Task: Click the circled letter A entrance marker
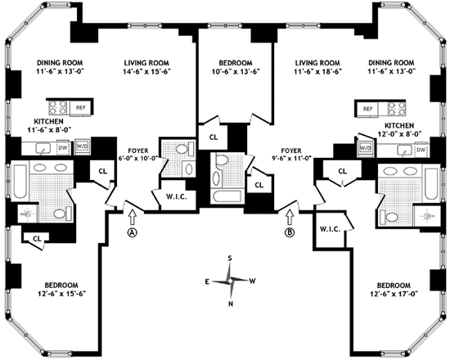132,232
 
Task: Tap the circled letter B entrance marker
290,232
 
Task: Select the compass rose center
230,281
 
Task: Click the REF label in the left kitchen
81,108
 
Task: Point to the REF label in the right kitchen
368,109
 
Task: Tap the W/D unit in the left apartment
83,146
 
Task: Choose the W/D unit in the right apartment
365,148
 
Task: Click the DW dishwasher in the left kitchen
63,147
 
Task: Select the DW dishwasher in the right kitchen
421,150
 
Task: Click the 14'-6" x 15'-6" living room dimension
147,71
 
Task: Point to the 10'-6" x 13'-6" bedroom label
236,71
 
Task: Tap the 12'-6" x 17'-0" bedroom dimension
394,294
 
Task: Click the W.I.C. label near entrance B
331,229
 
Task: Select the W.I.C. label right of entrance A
177,197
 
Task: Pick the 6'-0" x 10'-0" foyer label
138,158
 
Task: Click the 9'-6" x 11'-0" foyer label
291,158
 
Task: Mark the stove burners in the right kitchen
397,109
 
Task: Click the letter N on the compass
231,304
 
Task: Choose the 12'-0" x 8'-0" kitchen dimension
399,134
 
